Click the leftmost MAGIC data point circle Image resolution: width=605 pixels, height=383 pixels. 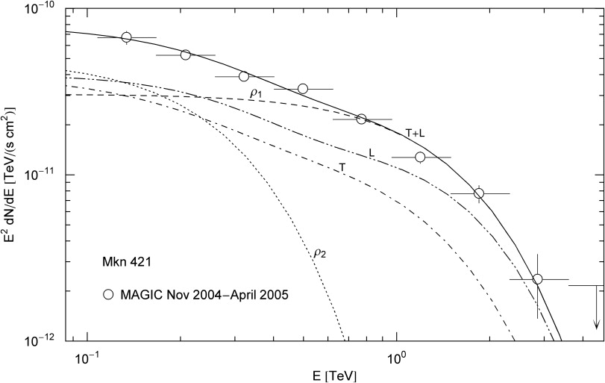click(126, 37)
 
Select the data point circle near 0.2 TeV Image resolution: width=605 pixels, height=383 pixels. click(186, 55)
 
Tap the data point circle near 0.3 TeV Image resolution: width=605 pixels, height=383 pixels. click(243, 76)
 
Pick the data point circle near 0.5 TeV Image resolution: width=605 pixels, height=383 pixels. click(303, 89)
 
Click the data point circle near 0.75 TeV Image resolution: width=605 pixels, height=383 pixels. click(362, 119)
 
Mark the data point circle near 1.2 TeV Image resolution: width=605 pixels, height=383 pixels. click(420, 158)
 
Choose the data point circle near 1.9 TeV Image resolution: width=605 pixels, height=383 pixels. click(479, 193)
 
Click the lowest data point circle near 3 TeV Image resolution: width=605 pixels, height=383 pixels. click(538, 279)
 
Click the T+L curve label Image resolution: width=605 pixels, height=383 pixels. click(416, 132)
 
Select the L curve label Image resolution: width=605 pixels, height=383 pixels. click(371, 152)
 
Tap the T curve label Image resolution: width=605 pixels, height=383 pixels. click(342, 168)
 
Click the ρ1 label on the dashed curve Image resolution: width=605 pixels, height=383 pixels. click(255, 93)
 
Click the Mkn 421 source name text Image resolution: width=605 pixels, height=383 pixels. click(128, 265)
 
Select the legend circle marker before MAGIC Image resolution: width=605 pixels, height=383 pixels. click(109, 294)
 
